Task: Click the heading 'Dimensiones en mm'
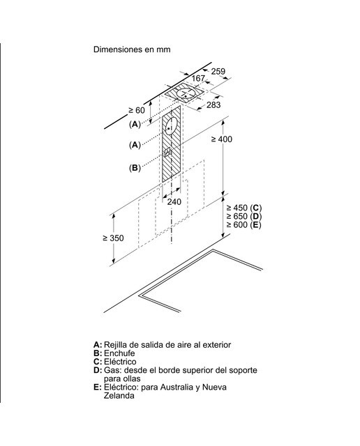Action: (132, 49)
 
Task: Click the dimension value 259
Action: (218, 71)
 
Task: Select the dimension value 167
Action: (198, 78)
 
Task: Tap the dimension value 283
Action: (213, 105)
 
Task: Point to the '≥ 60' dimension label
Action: (137, 110)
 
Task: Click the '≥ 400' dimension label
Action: (222, 139)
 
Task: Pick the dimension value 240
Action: (174, 201)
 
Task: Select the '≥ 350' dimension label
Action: (113, 238)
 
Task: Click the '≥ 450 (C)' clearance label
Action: (244, 208)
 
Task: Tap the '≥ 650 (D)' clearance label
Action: (244, 216)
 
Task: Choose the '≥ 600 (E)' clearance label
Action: (243, 224)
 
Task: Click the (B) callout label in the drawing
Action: (135, 168)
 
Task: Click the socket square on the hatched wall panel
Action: (167, 152)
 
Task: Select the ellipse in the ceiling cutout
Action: (186, 93)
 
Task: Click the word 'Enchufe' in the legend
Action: (119, 353)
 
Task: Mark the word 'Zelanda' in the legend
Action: (119, 396)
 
